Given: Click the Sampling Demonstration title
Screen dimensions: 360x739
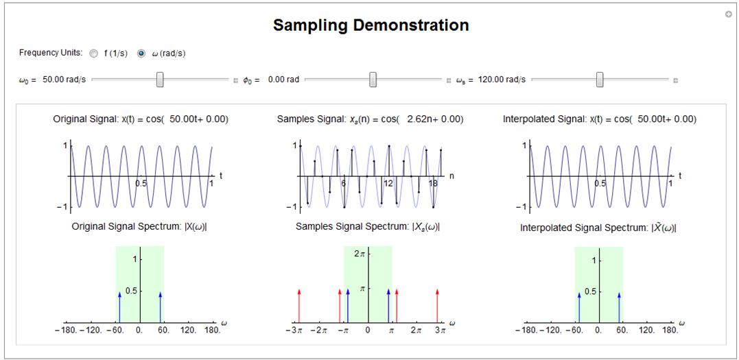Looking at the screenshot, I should [371, 25].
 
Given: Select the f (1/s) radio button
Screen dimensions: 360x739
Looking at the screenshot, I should [93, 53].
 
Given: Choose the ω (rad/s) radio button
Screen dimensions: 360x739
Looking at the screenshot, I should [141, 53].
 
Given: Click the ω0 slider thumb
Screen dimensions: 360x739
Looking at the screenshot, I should [160, 80].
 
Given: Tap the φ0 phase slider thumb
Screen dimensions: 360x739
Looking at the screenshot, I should [373, 80].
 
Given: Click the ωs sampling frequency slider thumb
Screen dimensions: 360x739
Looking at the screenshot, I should [600, 80].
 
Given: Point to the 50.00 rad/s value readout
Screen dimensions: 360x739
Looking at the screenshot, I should [64, 80].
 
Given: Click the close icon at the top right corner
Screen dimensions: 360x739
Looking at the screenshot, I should [728, 14].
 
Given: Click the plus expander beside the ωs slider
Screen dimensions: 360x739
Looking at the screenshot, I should [675, 80].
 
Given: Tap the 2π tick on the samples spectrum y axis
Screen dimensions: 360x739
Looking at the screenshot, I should [358, 254].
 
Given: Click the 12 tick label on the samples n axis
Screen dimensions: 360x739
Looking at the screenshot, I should [388, 184].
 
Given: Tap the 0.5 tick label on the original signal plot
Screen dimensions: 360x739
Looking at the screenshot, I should [141, 184].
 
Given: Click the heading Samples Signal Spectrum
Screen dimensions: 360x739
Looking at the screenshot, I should [367, 226].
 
